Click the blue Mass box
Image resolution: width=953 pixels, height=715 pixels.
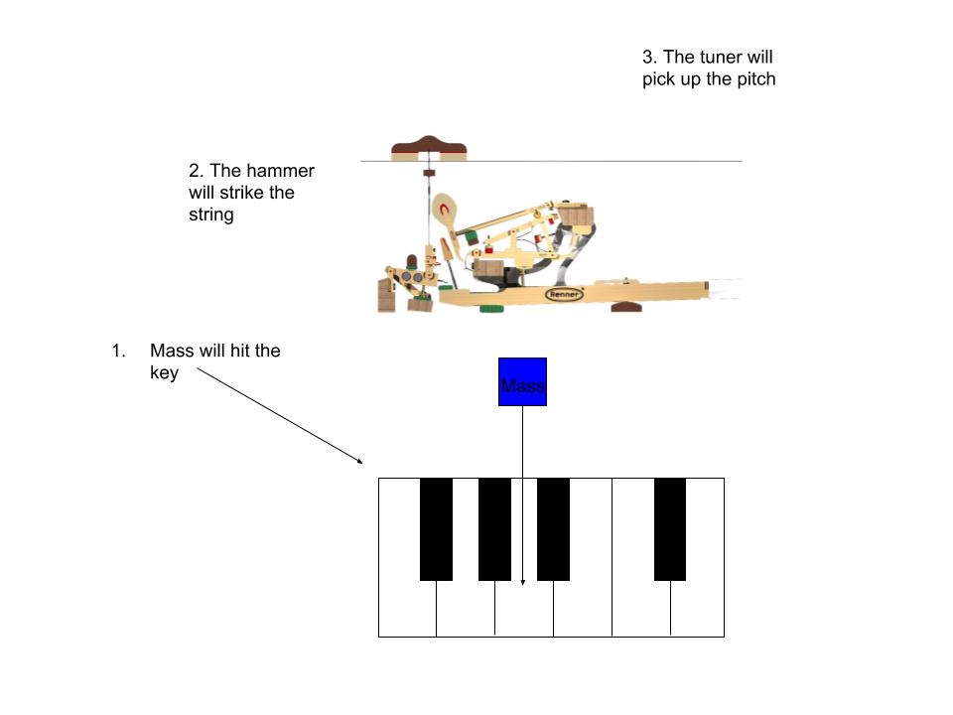(x=522, y=381)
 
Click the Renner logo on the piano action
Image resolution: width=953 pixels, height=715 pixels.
(x=564, y=294)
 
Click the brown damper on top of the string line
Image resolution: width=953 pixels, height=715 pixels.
(x=429, y=148)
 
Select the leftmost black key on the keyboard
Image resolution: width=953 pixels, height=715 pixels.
(x=436, y=528)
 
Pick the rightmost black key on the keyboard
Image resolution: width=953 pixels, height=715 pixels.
(x=670, y=528)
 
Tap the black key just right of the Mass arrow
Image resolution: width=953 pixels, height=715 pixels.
(x=553, y=528)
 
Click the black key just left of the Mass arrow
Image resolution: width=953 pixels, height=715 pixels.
(x=494, y=528)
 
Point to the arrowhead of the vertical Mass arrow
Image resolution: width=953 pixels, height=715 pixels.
(x=522, y=581)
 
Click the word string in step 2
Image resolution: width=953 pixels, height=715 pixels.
(x=210, y=214)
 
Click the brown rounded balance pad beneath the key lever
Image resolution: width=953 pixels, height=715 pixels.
(x=625, y=306)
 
